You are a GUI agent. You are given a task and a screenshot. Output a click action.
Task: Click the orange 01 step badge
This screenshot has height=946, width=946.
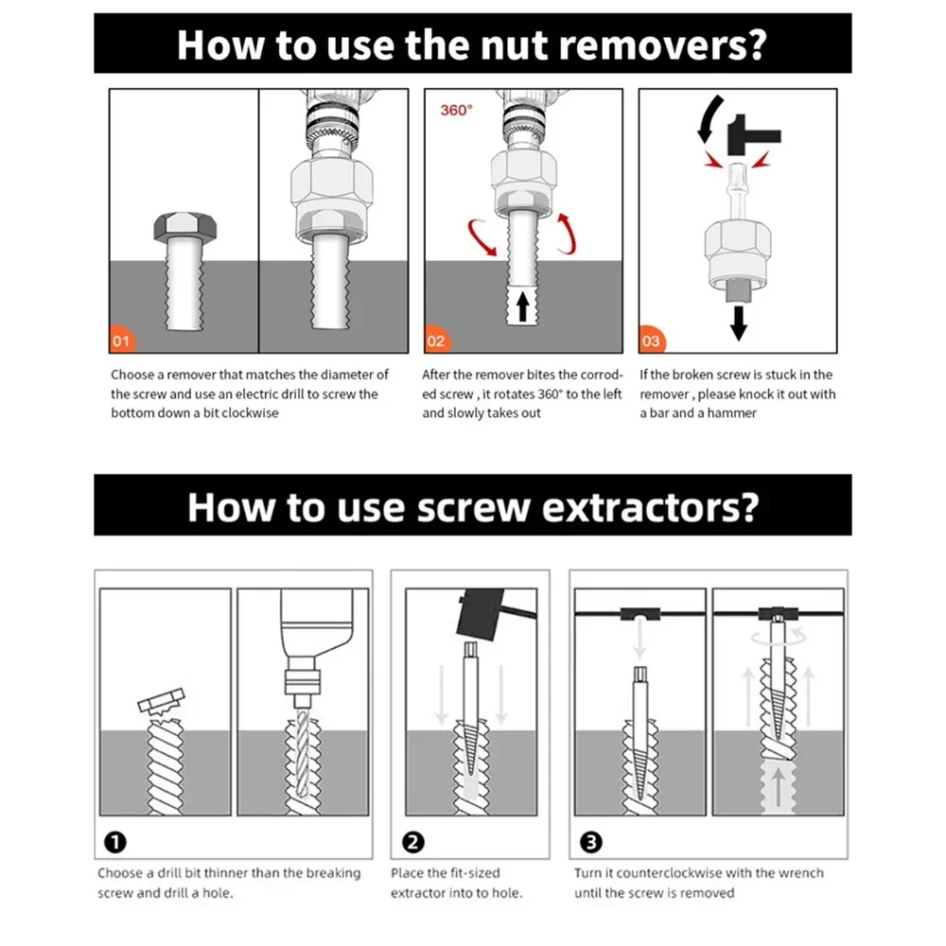point(122,340)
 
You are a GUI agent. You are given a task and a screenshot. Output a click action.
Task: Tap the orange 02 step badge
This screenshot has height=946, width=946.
point(437,340)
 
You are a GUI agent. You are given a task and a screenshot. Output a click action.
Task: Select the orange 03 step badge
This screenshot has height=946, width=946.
point(652,340)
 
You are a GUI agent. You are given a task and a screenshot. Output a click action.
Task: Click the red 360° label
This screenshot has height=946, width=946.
point(456,111)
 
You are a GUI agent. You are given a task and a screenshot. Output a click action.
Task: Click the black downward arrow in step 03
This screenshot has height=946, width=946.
point(739,324)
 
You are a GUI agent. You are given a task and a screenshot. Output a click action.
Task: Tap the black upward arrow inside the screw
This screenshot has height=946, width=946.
point(522,306)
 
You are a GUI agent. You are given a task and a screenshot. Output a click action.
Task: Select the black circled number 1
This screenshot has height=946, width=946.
point(115,842)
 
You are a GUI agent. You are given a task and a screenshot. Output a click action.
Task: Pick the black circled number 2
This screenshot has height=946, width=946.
point(413,842)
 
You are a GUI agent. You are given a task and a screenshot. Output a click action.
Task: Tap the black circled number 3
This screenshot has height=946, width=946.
point(590,842)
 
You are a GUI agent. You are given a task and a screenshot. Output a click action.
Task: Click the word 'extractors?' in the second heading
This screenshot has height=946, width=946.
point(650,507)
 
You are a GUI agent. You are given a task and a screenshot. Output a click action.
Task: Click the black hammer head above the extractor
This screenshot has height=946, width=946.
point(481,613)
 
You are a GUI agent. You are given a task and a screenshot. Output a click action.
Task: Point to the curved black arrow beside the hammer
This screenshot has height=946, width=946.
point(709,118)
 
